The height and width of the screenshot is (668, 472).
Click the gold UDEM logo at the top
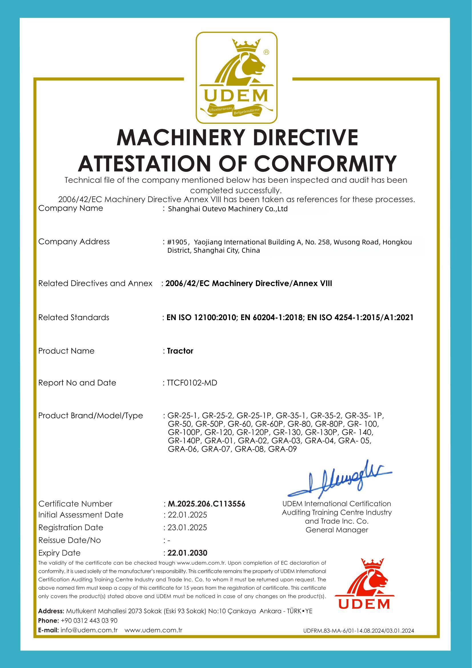tap(236, 78)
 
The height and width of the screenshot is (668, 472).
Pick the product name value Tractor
tap(180, 351)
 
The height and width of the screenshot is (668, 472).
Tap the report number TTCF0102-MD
tap(192, 383)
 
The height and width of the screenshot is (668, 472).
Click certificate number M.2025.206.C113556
tap(206, 504)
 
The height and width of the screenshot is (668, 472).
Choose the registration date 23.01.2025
tap(188, 527)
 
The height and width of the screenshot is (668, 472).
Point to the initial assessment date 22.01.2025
tap(188, 515)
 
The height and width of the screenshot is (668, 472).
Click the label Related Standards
tap(74, 317)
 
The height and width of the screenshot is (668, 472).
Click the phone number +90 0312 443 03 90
tap(89, 621)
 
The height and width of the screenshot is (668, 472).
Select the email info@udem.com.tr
tap(89, 630)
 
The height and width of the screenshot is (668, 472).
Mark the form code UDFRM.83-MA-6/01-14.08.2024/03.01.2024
tap(358, 631)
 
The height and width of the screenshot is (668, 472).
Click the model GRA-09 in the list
tap(282, 449)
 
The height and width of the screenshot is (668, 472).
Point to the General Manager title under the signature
tap(337, 530)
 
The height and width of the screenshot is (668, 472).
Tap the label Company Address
tap(74, 242)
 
